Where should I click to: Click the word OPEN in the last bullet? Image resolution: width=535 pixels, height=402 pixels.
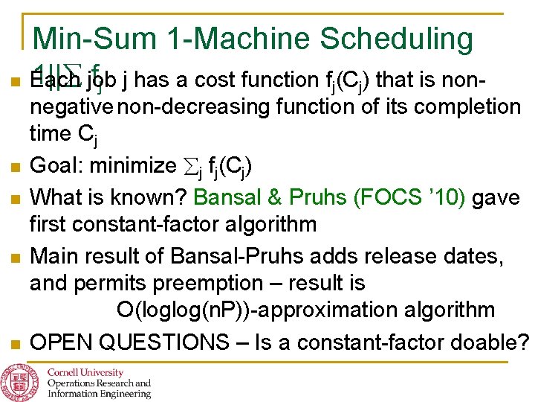pos(61,342)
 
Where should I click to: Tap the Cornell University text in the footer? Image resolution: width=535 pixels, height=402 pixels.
pos(86,372)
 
